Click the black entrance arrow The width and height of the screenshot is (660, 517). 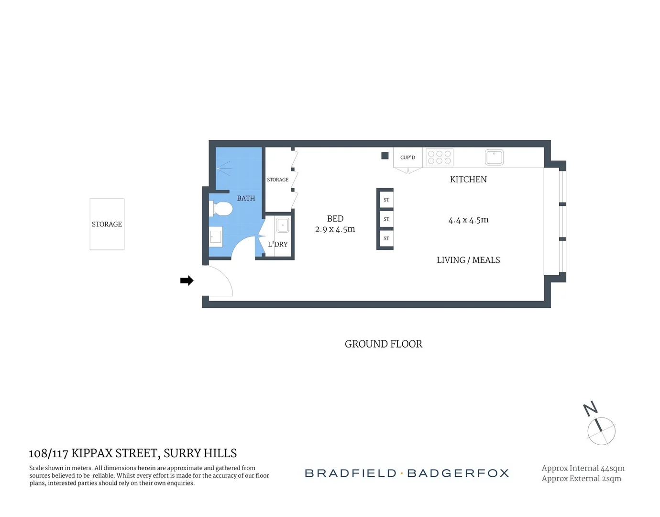click(x=187, y=281)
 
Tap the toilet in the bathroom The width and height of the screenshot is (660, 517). click(x=221, y=209)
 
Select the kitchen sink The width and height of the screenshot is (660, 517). click(x=494, y=157)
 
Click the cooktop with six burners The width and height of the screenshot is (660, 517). click(x=440, y=157)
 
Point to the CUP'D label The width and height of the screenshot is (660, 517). click(x=407, y=157)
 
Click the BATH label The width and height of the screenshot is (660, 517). click(x=246, y=198)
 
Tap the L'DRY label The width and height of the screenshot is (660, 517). click(x=278, y=244)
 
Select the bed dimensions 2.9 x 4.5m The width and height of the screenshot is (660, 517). click(x=335, y=229)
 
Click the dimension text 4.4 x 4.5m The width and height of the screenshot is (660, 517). click(x=468, y=220)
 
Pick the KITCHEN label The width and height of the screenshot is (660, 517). click(x=468, y=180)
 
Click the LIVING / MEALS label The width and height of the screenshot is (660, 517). click(x=468, y=260)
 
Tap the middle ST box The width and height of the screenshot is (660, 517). click(x=386, y=219)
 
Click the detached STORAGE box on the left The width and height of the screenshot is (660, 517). click(x=107, y=224)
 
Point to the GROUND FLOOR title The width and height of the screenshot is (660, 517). click(x=384, y=344)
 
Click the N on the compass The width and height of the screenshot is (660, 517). click(x=591, y=408)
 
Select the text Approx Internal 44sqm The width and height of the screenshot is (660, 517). click(x=583, y=468)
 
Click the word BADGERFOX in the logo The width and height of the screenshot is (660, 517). click(x=458, y=473)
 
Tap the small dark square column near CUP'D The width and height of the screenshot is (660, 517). click(x=385, y=156)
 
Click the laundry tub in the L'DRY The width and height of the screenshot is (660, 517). click(x=283, y=225)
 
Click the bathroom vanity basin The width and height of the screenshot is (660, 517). click(x=216, y=236)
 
